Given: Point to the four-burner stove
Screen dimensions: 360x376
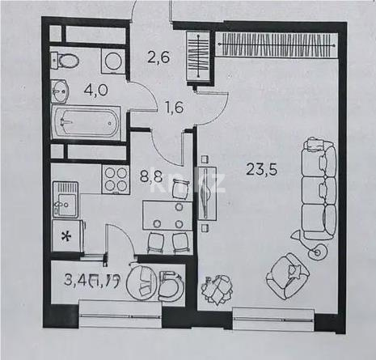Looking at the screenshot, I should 115,179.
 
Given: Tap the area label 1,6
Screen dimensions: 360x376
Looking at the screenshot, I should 173,105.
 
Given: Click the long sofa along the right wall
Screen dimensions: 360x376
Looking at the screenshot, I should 316,189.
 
